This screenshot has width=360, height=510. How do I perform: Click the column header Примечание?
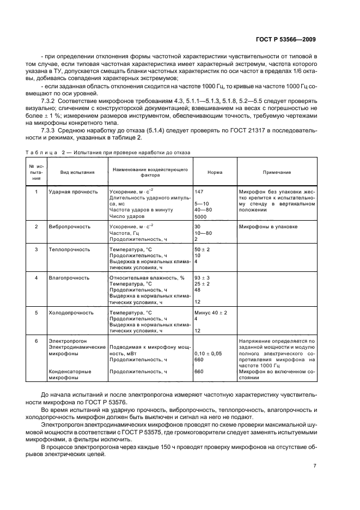[x=277, y=172]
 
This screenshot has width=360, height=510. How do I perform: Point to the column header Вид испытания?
[x=77, y=172]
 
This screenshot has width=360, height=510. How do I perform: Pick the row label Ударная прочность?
[x=73, y=192]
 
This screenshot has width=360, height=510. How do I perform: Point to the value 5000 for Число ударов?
[x=200, y=216]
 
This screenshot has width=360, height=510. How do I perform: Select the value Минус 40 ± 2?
[x=210, y=313]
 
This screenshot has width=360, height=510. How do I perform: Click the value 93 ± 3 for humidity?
[x=202, y=278]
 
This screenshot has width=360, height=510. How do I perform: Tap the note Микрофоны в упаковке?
[x=268, y=226]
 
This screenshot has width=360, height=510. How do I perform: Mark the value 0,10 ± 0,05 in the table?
[x=208, y=354]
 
